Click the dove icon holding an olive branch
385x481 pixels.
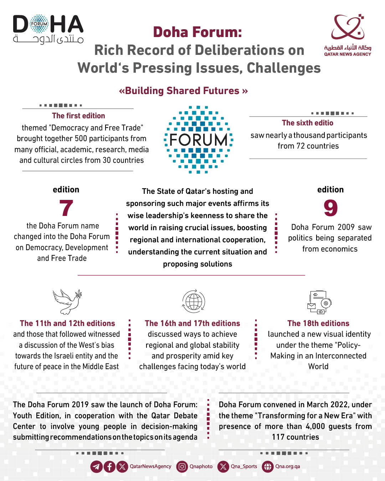(x=67, y=301)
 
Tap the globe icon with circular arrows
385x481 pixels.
(x=194, y=301)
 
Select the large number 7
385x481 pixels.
(x=66, y=208)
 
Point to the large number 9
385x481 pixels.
(x=330, y=208)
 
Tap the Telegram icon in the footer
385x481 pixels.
(x=96, y=467)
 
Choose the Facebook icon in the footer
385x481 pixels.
(x=109, y=467)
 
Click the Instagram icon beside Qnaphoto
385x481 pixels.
(x=182, y=467)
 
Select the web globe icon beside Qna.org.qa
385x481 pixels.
(x=268, y=467)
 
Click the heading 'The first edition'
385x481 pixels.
(x=78, y=116)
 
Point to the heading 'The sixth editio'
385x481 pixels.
(x=308, y=123)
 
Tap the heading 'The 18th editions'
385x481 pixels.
(x=318, y=324)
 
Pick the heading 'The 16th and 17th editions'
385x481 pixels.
(x=192, y=324)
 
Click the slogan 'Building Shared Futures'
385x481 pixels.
(x=183, y=91)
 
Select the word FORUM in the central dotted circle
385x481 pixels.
(x=198, y=140)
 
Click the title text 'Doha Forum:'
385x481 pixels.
(x=197, y=32)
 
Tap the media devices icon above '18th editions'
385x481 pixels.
(x=319, y=302)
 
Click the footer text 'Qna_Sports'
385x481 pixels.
(x=244, y=466)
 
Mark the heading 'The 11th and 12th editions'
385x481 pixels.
(x=67, y=324)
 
